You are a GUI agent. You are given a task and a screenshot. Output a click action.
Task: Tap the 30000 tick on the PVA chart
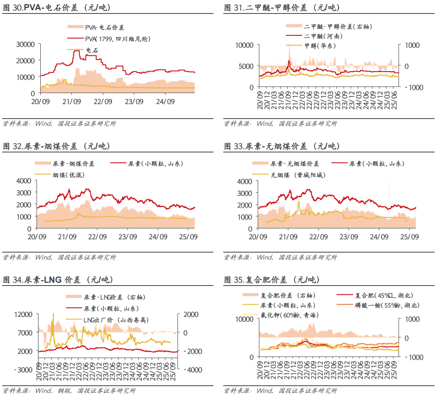coord(25,44)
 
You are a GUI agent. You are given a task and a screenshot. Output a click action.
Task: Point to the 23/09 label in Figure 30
coord(134,102)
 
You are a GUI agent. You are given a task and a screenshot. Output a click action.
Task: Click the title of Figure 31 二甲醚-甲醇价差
coord(281,8)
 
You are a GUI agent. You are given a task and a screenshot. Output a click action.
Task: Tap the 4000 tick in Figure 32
coord(24,181)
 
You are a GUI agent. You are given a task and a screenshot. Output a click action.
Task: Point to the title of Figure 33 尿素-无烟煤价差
coord(281,146)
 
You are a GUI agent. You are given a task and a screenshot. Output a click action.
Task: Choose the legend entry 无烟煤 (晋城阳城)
coord(299,175)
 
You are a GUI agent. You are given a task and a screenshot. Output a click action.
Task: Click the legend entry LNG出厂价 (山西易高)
coord(116,320)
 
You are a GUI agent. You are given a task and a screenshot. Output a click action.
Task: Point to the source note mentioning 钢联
coord(69,391)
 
